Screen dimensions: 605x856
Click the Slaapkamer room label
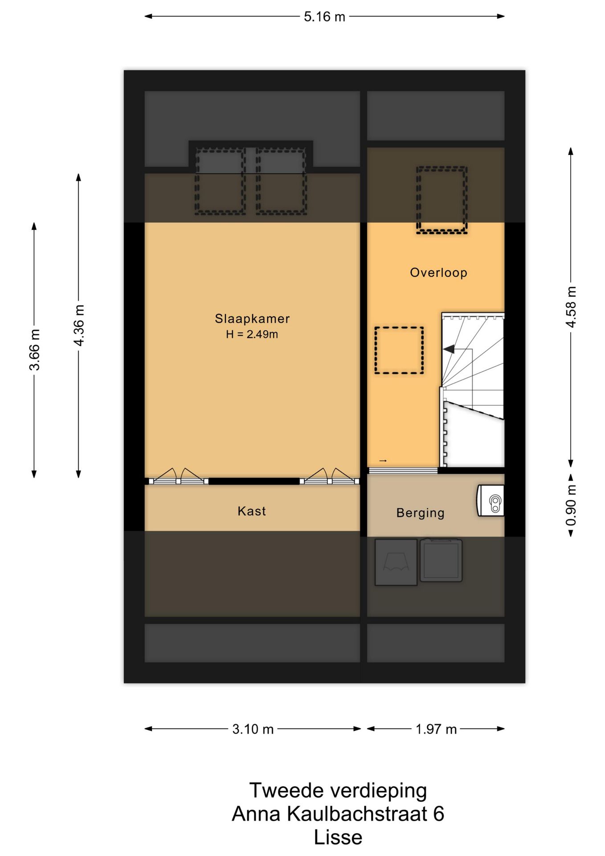point(252,318)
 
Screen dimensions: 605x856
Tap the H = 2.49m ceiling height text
point(252,334)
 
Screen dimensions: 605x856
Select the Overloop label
point(438,272)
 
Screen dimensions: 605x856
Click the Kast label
point(252,511)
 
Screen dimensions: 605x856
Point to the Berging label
point(421,513)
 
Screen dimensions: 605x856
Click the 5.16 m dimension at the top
point(324,16)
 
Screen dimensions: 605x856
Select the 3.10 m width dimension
point(253,729)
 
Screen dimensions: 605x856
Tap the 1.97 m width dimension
point(436,729)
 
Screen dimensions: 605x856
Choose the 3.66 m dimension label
point(34,350)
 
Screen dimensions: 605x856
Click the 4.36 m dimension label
point(79,325)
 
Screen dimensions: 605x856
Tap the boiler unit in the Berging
point(491,501)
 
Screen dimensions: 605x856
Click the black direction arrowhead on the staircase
point(449,349)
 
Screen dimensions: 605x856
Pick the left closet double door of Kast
point(179,477)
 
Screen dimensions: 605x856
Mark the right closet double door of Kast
point(330,477)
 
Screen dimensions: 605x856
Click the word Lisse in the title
point(338,837)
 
